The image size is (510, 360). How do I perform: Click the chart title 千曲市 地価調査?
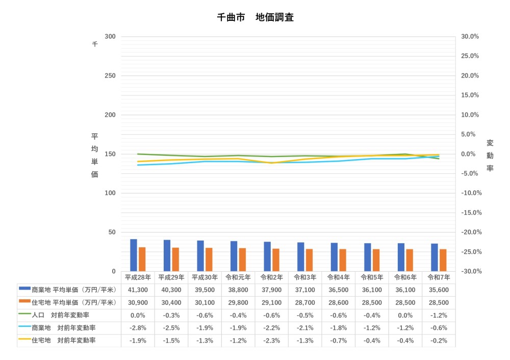(255, 17)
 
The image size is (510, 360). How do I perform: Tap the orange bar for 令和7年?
(443, 260)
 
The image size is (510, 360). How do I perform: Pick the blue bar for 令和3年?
(301, 256)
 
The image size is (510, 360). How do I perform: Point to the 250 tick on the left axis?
(110, 75)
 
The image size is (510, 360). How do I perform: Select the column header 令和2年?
(271, 277)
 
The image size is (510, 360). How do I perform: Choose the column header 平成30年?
(205, 277)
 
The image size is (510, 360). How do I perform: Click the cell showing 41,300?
(138, 290)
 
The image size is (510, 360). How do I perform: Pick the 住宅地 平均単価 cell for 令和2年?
(271, 302)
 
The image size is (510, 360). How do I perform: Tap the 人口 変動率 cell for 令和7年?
(439, 315)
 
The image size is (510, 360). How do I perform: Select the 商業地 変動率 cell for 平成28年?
(138, 327)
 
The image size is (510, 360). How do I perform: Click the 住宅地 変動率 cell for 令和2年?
(271, 340)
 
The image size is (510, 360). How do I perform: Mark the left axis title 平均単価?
(94, 155)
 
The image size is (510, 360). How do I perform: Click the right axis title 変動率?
(490, 155)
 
